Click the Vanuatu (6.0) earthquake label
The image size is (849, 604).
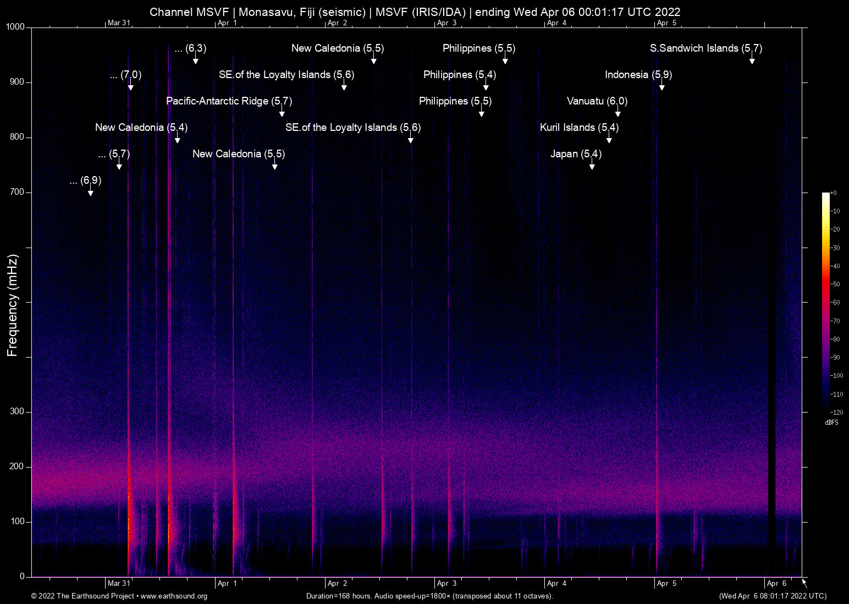597,101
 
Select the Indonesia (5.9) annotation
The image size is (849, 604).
638,75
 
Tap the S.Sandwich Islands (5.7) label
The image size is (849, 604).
705,48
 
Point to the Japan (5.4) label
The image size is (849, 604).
576,154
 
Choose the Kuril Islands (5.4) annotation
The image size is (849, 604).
579,128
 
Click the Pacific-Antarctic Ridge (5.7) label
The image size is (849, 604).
229,101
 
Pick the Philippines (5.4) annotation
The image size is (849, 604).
459,75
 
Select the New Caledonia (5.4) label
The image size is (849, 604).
141,128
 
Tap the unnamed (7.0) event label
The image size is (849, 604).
125,75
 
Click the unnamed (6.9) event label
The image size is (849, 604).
86,180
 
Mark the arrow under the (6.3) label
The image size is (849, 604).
195,60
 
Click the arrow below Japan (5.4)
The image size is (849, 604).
592,166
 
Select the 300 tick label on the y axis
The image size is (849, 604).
17,411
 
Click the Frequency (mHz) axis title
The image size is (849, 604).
12,305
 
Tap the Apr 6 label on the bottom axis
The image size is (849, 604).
776,584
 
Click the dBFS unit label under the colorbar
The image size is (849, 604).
831,422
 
